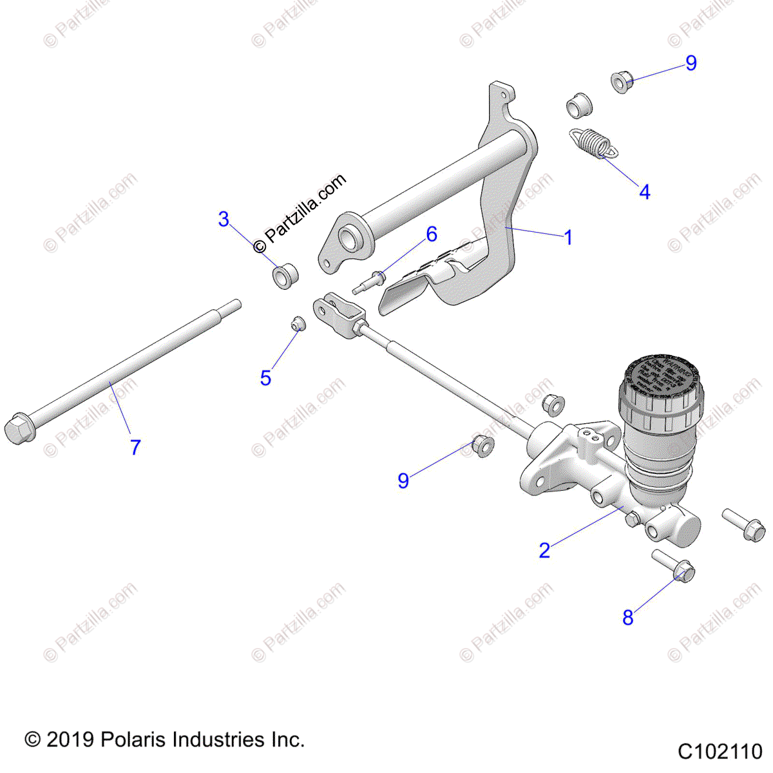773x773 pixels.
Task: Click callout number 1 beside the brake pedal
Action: (x=568, y=238)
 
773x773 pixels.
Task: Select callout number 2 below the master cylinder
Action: (x=545, y=551)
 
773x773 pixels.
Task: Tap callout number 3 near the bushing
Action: (x=224, y=220)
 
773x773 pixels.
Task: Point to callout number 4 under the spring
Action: (x=644, y=191)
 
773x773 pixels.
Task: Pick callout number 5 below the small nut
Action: (x=265, y=378)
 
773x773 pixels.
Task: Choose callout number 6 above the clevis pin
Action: (x=432, y=234)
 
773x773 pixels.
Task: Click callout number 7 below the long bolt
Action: (x=135, y=447)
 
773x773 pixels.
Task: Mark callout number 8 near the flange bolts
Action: (x=628, y=618)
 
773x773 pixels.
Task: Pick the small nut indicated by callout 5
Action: (x=297, y=323)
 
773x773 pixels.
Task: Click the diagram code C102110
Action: (x=720, y=752)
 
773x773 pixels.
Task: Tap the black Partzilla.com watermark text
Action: (x=300, y=213)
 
